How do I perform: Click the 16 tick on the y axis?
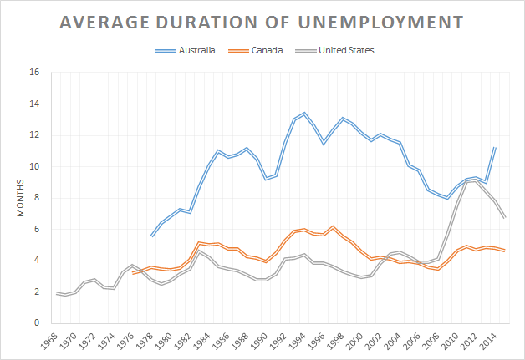point(34,73)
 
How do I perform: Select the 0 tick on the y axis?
point(36,323)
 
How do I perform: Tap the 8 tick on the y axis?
point(36,198)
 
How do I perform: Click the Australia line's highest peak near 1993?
point(304,113)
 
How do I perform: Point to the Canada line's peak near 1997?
point(334,226)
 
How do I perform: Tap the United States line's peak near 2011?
point(476,180)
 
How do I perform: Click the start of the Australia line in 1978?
point(151,236)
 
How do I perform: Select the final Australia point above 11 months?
point(496,148)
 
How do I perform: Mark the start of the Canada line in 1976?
point(133,273)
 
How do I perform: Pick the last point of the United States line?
point(505,218)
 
